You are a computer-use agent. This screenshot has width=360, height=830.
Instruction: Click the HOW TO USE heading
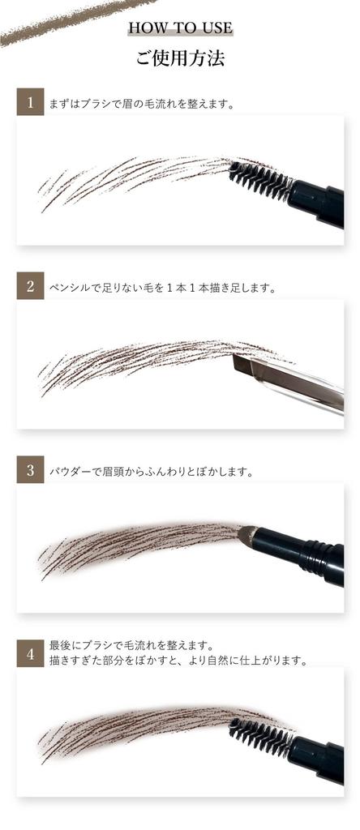180,28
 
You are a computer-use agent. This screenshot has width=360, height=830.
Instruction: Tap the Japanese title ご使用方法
180,59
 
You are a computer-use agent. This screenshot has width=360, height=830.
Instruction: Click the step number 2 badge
30,286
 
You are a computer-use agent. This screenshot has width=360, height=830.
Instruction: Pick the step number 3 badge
30,470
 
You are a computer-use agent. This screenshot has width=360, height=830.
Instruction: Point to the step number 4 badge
30,653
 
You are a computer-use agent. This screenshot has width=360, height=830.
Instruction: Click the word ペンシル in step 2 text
71,287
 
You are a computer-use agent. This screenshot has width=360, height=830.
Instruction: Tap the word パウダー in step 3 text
71,471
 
